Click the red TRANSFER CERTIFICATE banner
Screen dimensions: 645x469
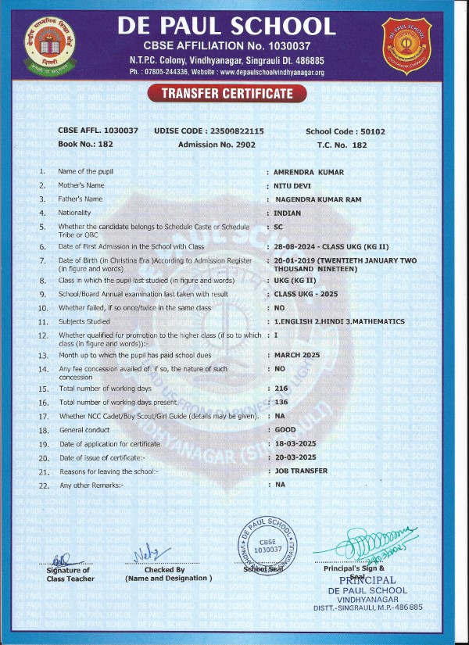[x=227, y=94]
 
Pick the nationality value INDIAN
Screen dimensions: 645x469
[x=288, y=213]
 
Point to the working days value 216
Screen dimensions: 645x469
[x=281, y=389]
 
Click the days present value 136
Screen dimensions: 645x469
[x=281, y=402]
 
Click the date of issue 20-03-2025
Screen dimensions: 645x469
[x=296, y=457]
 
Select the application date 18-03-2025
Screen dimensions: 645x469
[x=296, y=444]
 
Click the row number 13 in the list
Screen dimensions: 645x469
[x=42, y=355]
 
